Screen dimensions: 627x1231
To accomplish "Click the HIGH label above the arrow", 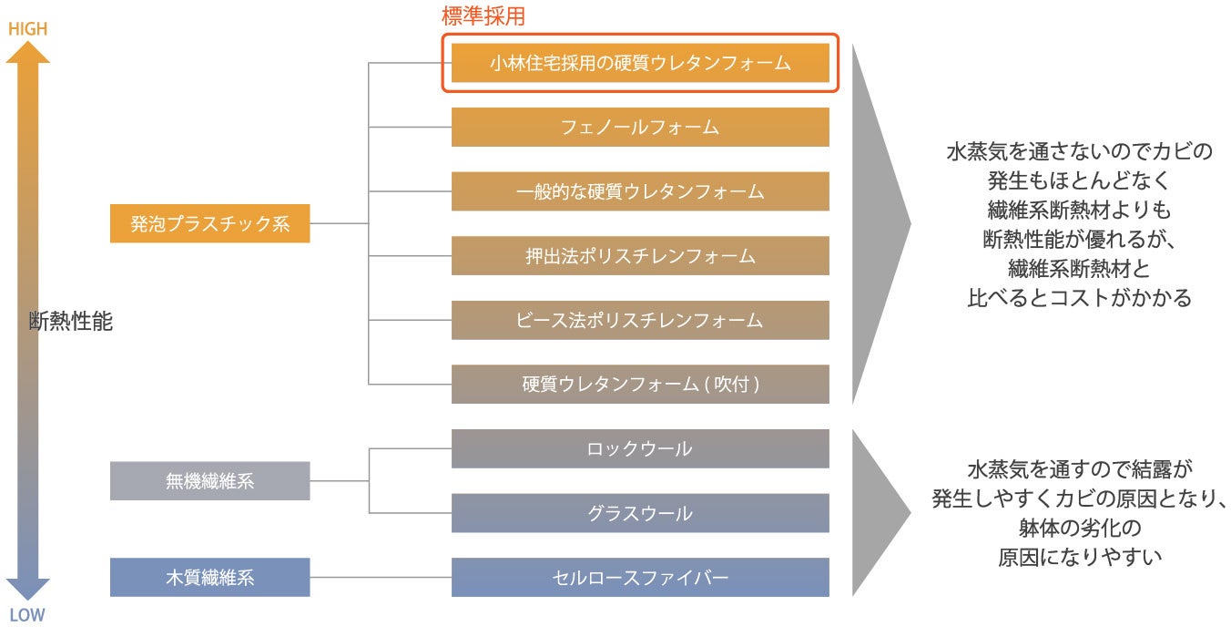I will (x=27, y=29).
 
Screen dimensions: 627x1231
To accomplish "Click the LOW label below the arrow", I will (x=27, y=615).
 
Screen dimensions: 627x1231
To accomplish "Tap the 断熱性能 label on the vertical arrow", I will (x=71, y=321).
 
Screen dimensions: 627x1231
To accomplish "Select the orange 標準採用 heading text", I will (x=483, y=15).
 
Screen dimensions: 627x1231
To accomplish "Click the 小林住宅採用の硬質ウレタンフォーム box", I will (x=640, y=63).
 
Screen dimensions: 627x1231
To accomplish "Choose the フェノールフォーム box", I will (x=640, y=127).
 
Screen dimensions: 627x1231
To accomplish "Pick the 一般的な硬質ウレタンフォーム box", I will (x=640, y=191).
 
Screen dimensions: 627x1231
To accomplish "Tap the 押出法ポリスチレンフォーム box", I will (x=640, y=256).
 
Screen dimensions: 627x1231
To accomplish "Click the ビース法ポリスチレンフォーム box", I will (x=640, y=320).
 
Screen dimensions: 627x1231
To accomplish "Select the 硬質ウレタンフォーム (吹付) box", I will (x=640, y=385).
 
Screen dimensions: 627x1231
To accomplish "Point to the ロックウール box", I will (x=640, y=448).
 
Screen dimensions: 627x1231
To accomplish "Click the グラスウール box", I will (x=640, y=513).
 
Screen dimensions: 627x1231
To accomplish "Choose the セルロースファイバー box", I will (x=640, y=578).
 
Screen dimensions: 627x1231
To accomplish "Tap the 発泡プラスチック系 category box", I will (x=209, y=223).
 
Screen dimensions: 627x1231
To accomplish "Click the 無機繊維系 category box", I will (x=209, y=481).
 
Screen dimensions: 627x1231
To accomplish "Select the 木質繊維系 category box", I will (x=209, y=578).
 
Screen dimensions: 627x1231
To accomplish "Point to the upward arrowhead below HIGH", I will (x=27, y=53).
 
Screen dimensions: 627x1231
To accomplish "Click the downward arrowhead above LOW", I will (x=27, y=589).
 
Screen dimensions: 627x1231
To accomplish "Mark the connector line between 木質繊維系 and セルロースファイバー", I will (x=381, y=578).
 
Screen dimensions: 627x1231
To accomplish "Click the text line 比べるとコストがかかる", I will (x=1079, y=298).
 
